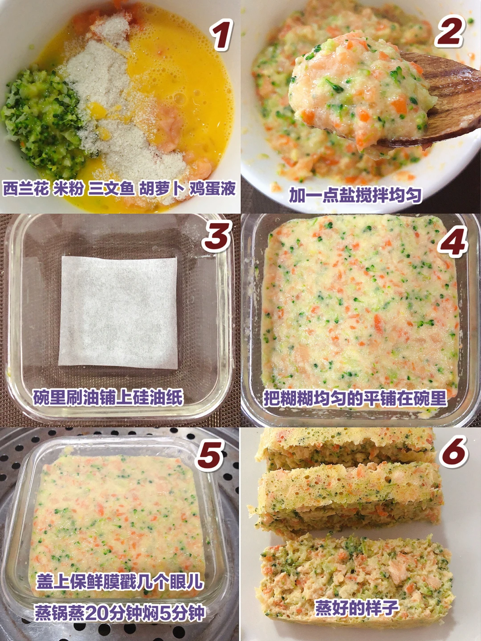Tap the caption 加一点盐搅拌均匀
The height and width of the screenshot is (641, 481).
click(x=355, y=195)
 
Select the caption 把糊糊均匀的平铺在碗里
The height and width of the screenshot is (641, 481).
click(x=355, y=398)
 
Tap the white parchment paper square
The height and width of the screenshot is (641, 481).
click(x=118, y=312)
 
